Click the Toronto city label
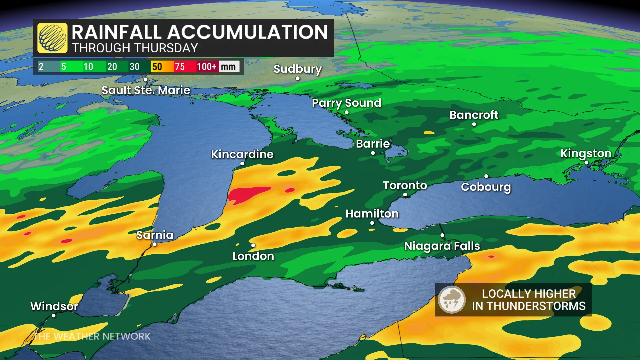405,185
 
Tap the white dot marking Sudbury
298,79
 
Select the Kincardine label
242,154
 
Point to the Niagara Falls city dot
442,235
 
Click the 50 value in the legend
157,67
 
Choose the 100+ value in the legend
206,67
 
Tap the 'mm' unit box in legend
228,67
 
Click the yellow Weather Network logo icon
52,38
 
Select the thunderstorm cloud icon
452,299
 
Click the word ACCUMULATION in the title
247,32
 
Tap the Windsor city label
54,306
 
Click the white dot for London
253,246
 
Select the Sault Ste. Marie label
146,90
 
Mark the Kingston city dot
586,163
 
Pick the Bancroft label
474,115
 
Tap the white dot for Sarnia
155,244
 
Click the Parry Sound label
346,103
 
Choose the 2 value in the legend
41,67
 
